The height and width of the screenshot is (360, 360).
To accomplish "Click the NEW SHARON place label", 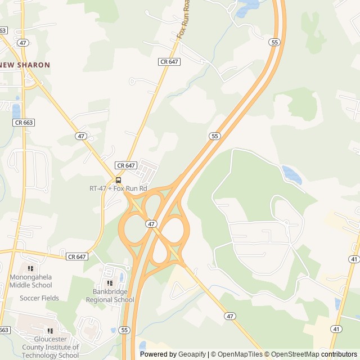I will coord(25,65).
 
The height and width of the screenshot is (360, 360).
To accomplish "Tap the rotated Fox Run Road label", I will coord(183,22).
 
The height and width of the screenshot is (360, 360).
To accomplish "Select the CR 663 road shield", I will coord(24,122).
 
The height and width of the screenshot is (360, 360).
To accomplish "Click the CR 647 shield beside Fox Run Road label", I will coord(169,61).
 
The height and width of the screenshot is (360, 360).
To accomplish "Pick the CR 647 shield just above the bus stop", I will coord(126,165).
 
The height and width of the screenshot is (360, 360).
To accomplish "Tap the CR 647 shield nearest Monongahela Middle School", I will coord(77,256).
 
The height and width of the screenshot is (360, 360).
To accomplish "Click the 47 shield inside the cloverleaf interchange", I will coord(151,223).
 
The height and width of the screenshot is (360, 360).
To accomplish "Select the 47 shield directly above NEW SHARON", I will coord(23,42).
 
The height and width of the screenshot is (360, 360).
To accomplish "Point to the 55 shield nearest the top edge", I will coord(274,42).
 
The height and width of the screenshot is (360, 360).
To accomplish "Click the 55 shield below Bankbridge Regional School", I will coord(125,330).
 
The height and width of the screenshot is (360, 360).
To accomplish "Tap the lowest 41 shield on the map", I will coord(335,328).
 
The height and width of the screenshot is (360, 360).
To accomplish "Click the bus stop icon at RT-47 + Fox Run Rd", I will coord(118,180).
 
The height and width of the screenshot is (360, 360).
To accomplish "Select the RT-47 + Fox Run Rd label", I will coord(118,188).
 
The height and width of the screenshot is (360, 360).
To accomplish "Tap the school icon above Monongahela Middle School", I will coord(30,269).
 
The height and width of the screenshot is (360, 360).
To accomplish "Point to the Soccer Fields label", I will coord(39,298).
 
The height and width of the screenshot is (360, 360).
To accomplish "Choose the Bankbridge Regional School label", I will coord(110,296).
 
